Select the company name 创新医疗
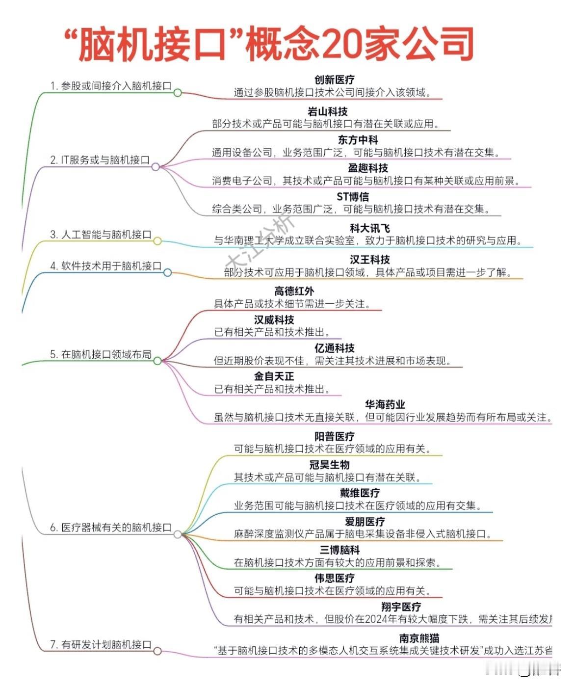[x=334, y=79]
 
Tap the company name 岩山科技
[x=327, y=111]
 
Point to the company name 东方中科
[x=358, y=140]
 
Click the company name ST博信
[x=352, y=197]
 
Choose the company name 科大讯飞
[x=370, y=228]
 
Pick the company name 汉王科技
[x=370, y=260]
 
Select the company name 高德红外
[x=294, y=291]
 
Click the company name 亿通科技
[x=334, y=348]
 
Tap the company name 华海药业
[x=385, y=404]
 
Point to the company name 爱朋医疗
[x=365, y=521]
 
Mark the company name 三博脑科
[x=339, y=550]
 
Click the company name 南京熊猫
[x=419, y=638]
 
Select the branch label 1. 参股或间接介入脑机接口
[x=111, y=86]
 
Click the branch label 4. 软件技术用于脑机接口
[x=106, y=266]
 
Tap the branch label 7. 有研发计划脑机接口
[x=101, y=644]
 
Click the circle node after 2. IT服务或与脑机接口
[x=156, y=167]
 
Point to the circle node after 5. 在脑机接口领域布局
[x=157, y=361]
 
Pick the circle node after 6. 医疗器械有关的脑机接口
[x=178, y=534]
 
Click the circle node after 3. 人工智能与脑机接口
[x=157, y=241]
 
